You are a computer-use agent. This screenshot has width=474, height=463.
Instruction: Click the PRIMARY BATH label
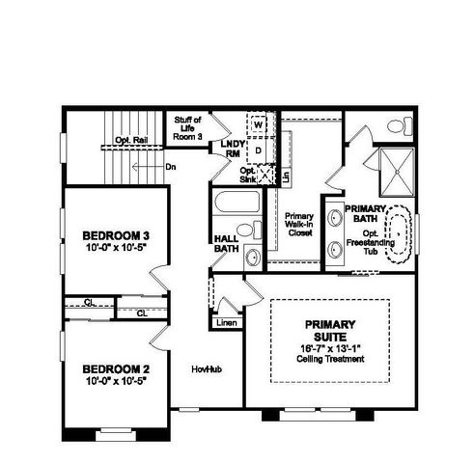pyautogui.click(x=367, y=213)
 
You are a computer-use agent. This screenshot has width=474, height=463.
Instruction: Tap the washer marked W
pyautogui.click(x=259, y=125)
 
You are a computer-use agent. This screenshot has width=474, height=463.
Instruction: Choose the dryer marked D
pyautogui.click(x=259, y=150)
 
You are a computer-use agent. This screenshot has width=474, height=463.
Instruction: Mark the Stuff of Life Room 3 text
pyautogui.click(x=187, y=127)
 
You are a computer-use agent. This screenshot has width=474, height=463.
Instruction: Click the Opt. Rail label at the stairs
pyautogui.click(x=129, y=140)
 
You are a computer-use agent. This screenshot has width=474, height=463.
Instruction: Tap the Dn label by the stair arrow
pyautogui.click(x=170, y=167)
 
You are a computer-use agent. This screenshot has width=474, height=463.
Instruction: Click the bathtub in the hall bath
pyautogui.click(x=236, y=205)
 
